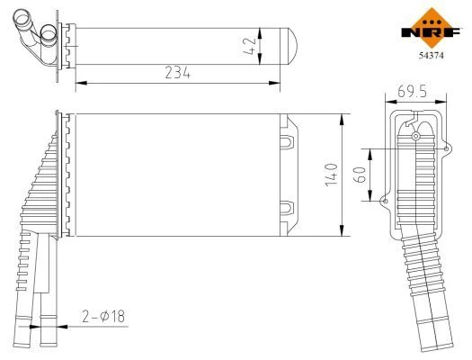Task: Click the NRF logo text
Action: coord(431,31)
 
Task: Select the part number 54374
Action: coord(432,56)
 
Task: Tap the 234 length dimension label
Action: coord(178,73)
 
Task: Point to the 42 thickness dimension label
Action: coord(250,46)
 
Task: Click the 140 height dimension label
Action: coord(332,175)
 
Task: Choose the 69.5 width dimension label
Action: coord(412,92)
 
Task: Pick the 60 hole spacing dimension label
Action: coord(361,175)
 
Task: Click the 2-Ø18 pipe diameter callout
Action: coord(103,316)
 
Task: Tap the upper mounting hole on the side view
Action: coord(446,148)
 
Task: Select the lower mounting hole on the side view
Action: coord(385,201)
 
